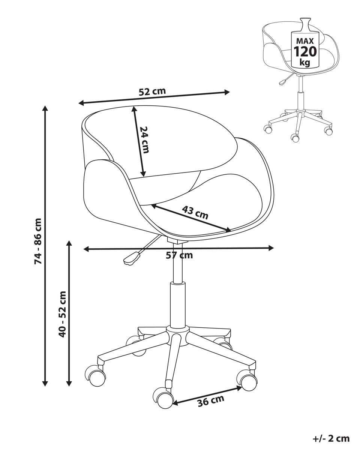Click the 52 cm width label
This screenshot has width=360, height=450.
152,91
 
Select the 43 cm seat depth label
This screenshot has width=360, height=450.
195,212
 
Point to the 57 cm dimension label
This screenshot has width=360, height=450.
179,255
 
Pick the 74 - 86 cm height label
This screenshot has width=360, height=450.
38,241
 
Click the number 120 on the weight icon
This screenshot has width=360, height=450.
305,51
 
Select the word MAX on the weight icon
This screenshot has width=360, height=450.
305,41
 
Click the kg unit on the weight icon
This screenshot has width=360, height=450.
305,62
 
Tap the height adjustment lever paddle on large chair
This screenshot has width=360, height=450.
131,259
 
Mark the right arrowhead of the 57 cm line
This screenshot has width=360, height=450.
271,248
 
